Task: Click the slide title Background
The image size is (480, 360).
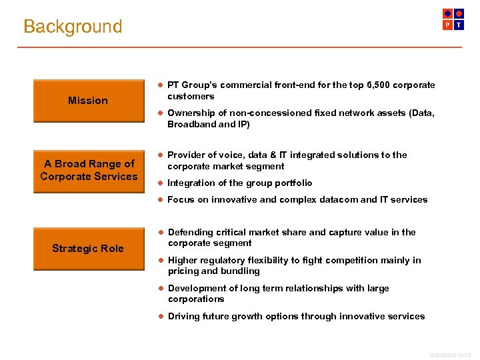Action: [x=73, y=27]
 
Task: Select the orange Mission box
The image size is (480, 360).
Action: [x=88, y=101]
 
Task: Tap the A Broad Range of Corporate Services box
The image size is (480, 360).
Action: [x=88, y=170]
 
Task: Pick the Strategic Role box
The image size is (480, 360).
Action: [x=88, y=249]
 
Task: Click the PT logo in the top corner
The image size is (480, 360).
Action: [x=453, y=19]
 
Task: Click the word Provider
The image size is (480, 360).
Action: [x=187, y=155]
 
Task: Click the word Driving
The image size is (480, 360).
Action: [x=184, y=316]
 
